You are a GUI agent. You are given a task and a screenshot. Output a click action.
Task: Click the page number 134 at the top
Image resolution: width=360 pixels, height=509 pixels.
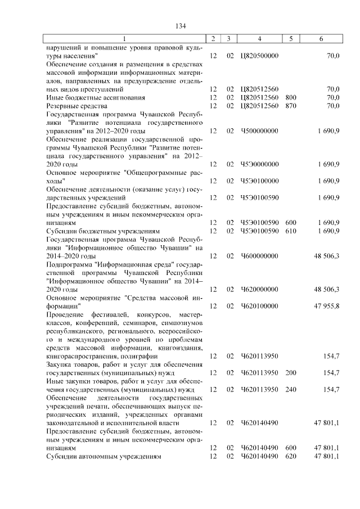tap(181, 26)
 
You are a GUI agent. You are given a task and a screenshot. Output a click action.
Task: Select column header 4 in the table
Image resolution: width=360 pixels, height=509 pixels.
tap(259, 38)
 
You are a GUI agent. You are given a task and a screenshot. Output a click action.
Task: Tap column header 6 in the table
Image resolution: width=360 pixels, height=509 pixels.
tap(321, 38)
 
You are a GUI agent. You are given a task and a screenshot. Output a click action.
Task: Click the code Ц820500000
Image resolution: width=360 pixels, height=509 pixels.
tap(259, 56)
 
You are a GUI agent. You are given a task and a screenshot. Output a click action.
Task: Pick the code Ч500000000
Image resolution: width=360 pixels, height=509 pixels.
tap(259, 131)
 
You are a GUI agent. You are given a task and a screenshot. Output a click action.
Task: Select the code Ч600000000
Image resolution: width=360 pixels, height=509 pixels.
tap(259, 256)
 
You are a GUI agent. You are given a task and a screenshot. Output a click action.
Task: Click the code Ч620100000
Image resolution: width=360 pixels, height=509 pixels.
tap(259, 306)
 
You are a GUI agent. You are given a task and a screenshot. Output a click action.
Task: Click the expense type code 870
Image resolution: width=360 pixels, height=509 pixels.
tap(291, 106)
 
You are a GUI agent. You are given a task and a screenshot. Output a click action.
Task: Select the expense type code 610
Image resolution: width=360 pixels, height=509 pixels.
tap(291, 231)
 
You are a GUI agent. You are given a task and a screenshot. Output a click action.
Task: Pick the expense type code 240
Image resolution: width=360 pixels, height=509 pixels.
tap(291, 389)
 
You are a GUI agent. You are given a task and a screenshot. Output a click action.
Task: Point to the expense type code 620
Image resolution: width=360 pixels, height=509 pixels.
tap(291, 456)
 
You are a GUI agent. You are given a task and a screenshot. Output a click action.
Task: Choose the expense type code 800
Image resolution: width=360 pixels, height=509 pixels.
tap(291, 97)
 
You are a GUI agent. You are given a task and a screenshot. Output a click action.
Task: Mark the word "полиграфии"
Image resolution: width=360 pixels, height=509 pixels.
tap(131, 356)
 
